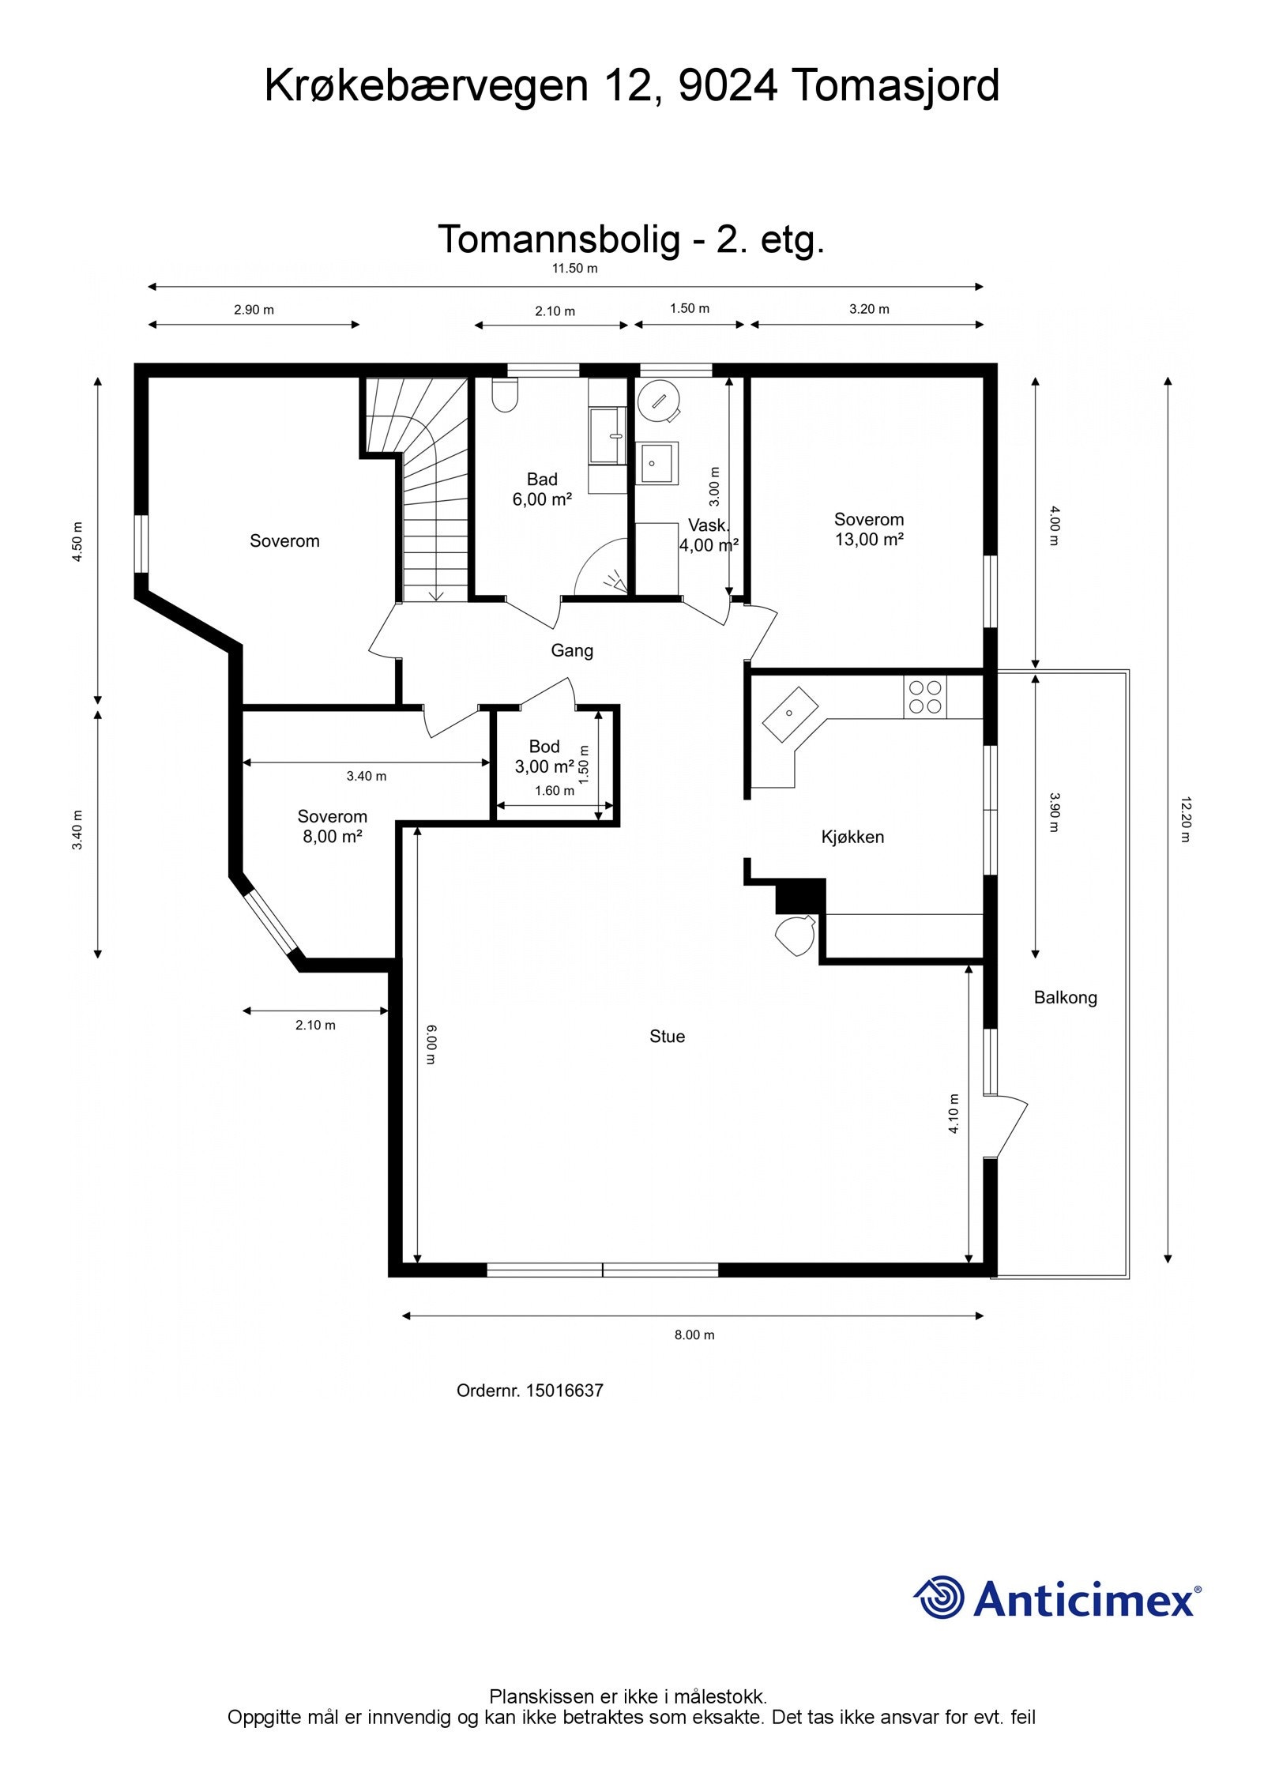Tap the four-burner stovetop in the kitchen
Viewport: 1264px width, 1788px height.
tap(926, 697)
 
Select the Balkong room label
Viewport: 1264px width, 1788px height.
tap(1065, 998)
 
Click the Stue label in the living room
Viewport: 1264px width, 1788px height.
tap(667, 1037)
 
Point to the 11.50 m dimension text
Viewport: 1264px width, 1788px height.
tap(574, 268)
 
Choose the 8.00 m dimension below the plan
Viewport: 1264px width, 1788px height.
tap(694, 1334)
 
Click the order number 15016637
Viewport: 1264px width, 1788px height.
tap(564, 1391)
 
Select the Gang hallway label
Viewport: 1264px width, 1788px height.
tap(572, 650)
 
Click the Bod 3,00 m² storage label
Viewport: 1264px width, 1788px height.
tap(544, 756)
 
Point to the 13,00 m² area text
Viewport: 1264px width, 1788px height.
tap(869, 540)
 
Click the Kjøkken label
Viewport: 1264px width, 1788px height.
tap(852, 837)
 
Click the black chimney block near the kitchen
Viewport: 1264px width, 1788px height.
tap(800, 896)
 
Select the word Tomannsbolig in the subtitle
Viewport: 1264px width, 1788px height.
tap(559, 239)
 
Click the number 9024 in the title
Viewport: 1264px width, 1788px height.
tap(728, 85)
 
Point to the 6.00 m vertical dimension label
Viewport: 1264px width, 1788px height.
tap(431, 1045)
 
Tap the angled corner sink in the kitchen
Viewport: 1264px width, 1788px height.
tap(790, 714)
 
